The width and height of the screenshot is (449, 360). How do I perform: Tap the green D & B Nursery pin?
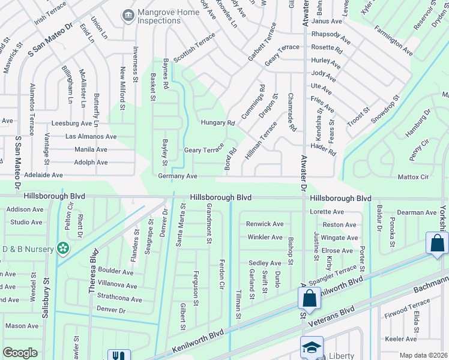coord(62,248)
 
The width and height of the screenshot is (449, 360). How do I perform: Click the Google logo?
coord(20,353)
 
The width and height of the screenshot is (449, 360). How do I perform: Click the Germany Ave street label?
coord(178,176)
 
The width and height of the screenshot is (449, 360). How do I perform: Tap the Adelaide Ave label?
coord(43,175)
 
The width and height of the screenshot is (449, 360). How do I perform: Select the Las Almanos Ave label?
coord(91,137)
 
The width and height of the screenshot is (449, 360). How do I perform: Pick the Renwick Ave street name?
coord(265,224)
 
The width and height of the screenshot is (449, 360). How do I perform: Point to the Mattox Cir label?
coord(413,177)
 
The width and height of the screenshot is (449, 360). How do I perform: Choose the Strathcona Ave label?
coord(119,299)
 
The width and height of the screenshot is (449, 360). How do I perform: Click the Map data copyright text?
coord(423,355)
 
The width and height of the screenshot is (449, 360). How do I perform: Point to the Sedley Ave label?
coord(265,263)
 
